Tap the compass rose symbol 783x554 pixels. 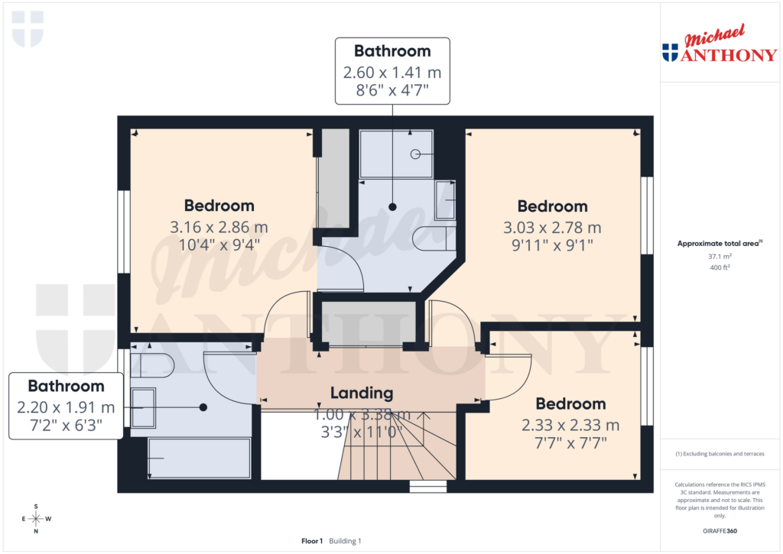pyautogui.click(x=36, y=519)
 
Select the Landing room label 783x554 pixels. pyautogui.click(x=362, y=394)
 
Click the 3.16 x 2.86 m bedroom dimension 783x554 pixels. pyautogui.click(x=219, y=228)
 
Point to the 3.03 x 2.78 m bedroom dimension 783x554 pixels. pyautogui.click(x=552, y=228)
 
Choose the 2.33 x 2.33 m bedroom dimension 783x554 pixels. pyautogui.click(x=570, y=425)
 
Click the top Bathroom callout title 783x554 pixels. pyautogui.click(x=392, y=51)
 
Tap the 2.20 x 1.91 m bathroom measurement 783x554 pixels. pyautogui.click(x=67, y=407)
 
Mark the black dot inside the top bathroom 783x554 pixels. pyautogui.click(x=392, y=207)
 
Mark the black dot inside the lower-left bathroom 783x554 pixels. pyautogui.click(x=203, y=407)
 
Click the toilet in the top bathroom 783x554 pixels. pyautogui.click(x=434, y=239)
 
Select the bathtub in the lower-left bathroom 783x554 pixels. pyautogui.click(x=199, y=458)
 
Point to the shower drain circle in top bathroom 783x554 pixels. pyautogui.click(x=415, y=154)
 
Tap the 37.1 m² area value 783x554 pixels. pyautogui.click(x=719, y=258)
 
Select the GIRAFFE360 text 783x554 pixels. pyautogui.click(x=720, y=531)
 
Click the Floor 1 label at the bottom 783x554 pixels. pyautogui.click(x=312, y=541)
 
